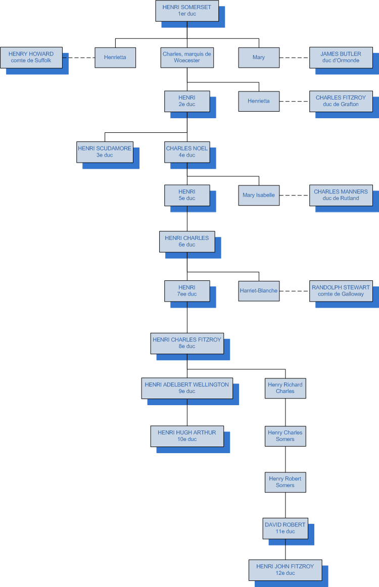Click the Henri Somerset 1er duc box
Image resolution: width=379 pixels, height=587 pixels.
(x=187, y=11)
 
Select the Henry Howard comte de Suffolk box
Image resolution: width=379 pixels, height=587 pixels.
(x=31, y=57)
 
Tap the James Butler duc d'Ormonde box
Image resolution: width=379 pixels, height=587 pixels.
(x=341, y=57)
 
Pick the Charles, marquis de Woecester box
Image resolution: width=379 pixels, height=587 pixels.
(x=187, y=57)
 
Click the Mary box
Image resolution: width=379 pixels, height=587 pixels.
(x=259, y=58)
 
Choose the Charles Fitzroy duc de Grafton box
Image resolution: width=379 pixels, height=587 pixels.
(x=341, y=101)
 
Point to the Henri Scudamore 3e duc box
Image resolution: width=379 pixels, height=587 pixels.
(x=105, y=152)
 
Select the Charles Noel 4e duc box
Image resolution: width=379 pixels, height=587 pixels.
(x=187, y=152)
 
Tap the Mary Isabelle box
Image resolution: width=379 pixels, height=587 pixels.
(x=259, y=195)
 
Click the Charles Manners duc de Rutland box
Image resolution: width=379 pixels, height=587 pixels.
(x=341, y=195)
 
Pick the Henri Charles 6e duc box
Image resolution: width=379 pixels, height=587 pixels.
(x=187, y=241)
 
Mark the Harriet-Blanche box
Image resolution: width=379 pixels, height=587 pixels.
(x=259, y=290)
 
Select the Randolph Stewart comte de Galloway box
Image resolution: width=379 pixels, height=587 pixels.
(x=341, y=290)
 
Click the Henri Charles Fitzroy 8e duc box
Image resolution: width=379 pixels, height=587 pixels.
(x=187, y=343)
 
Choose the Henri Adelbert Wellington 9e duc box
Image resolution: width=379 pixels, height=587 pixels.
(x=187, y=388)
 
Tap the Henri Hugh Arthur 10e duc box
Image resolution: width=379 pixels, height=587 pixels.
(x=187, y=436)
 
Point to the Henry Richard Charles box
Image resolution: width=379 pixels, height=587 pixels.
(x=285, y=388)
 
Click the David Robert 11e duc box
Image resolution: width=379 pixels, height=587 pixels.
(x=285, y=528)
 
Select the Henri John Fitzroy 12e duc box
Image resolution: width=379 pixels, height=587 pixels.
(x=285, y=570)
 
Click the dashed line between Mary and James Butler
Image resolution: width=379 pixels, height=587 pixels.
(x=294, y=58)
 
